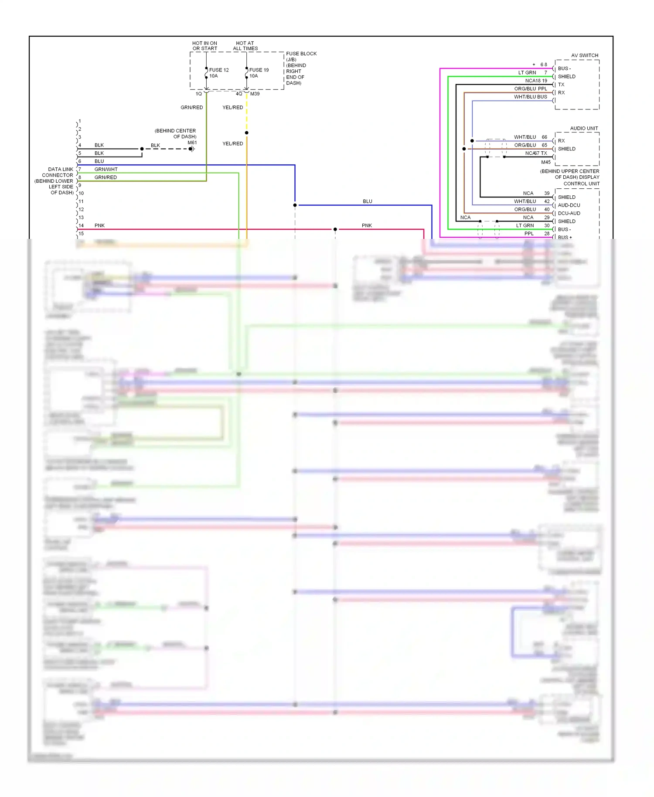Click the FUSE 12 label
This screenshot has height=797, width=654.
coord(218,70)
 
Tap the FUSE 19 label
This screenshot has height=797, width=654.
coord(259,70)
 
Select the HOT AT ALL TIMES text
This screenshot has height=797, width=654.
coord(245,46)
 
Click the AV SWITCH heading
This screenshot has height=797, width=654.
coord(584,55)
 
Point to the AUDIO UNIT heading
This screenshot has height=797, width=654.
coord(584,128)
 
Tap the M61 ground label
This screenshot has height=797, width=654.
coord(192,143)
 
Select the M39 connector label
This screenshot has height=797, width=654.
coord(255,94)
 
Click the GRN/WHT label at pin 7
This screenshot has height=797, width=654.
coord(106,169)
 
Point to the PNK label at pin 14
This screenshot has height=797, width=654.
coord(99,225)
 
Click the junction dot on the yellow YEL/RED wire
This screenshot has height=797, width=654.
coord(247,133)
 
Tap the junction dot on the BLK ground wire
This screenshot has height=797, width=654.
coord(142,149)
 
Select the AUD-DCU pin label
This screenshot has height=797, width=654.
coord(569,205)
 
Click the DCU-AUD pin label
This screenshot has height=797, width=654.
coord(569,213)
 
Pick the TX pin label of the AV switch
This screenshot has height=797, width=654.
coord(561,85)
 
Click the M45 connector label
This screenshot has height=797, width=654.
coord(546,162)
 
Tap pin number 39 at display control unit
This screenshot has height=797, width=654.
coord(547,193)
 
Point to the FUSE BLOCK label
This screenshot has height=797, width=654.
coord(301,54)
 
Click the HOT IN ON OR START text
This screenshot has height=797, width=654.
coord(204,46)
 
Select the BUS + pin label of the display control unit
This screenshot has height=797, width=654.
coord(565,237)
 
